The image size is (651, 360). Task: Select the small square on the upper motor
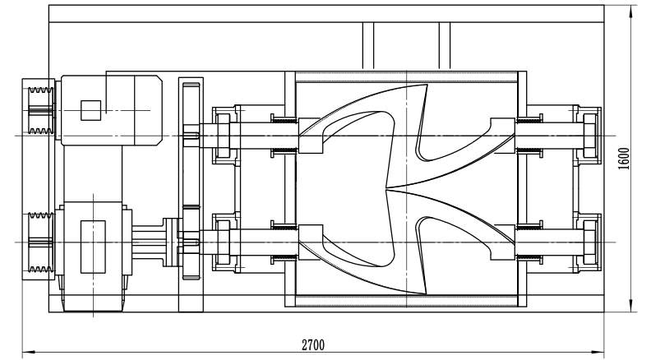click(90, 108)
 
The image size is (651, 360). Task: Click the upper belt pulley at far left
click(38, 108)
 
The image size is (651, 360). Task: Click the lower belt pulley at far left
click(38, 242)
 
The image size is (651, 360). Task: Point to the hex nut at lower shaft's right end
click(590, 243)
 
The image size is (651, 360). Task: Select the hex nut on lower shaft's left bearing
click(223, 243)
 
